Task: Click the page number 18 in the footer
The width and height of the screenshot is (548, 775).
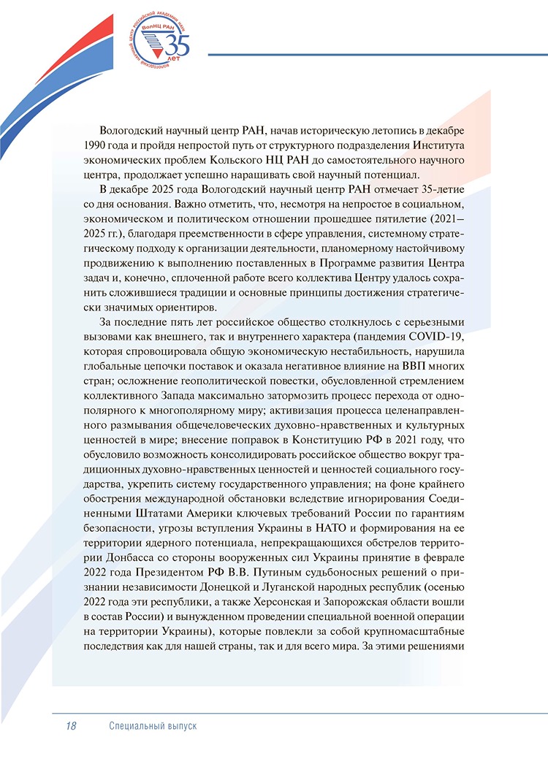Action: point(71,726)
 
